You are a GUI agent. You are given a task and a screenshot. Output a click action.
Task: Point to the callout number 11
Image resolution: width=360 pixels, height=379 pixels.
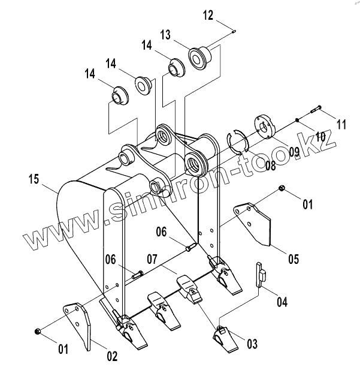(341, 124)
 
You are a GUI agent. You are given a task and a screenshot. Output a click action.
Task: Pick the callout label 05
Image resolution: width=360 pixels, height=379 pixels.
(294, 260)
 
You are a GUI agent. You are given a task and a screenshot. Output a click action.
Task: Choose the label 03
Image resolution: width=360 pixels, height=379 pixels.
(252, 344)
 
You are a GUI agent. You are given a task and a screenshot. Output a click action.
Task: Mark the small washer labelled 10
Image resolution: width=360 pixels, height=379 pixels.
(297, 121)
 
